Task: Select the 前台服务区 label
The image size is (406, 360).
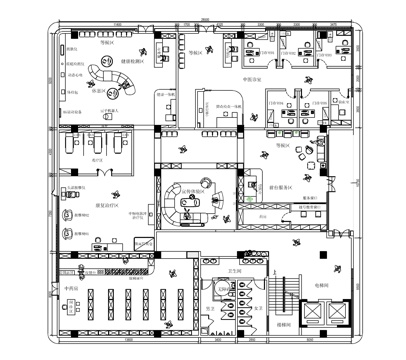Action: [x=280, y=187]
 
